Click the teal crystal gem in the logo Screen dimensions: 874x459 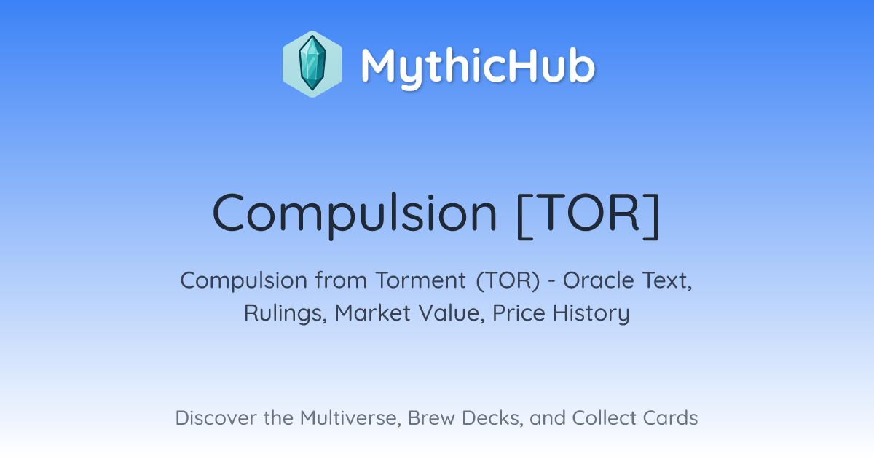click(x=312, y=63)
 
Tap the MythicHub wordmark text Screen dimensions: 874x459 click(x=478, y=66)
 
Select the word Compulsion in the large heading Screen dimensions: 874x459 click(x=355, y=215)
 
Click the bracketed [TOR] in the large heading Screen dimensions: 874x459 click(x=588, y=215)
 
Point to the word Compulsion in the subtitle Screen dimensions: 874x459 click(x=244, y=281)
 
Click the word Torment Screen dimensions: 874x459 click(x=421, y=280)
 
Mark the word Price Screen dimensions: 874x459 click(x=519, y=313)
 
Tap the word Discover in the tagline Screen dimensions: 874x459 click(x=216, y=418)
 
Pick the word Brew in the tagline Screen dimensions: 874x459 click(x=431, y=418)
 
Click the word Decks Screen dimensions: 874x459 click(x=492, y=418)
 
